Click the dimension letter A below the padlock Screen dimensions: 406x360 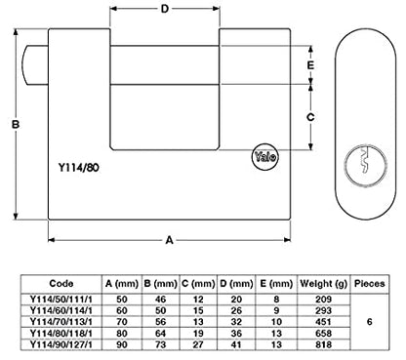[169, 240]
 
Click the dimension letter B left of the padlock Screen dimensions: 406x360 [16, 124]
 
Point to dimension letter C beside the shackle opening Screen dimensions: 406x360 [310, 117]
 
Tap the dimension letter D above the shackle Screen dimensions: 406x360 [165, 9]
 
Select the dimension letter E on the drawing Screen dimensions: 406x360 [310, 65]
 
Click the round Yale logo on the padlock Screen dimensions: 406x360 [264, 157]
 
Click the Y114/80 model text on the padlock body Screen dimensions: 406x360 [78, 168]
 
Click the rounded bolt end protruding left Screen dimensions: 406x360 [35, 66]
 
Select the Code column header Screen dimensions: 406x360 [61, 283]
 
